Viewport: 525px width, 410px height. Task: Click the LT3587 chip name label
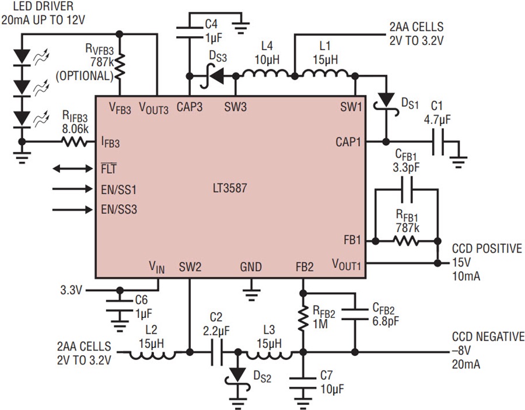point(230,188)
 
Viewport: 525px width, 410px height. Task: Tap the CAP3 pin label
point(190,107)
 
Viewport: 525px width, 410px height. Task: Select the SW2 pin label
point(190,267)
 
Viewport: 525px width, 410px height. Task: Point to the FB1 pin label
point(352,240)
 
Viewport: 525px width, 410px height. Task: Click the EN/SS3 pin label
point(119,209)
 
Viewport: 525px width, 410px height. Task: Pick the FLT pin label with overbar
point(109,169)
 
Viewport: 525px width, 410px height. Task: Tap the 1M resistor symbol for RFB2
point(303,318)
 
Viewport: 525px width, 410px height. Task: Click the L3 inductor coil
point(269,355)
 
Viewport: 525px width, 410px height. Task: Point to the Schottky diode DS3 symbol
point(212,76)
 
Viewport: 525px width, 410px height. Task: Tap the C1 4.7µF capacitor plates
point(438,142)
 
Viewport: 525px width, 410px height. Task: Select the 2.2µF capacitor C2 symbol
point(216,352)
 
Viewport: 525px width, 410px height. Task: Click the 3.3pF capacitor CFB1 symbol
point(407,190)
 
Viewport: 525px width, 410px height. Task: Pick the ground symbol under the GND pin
point(251,295)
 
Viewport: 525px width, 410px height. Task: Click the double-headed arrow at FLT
point(73,169)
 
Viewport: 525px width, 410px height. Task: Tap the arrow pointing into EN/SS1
point(73,189)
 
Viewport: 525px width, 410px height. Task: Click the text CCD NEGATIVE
point(488,337)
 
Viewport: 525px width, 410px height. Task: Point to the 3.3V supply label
point(71,290)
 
